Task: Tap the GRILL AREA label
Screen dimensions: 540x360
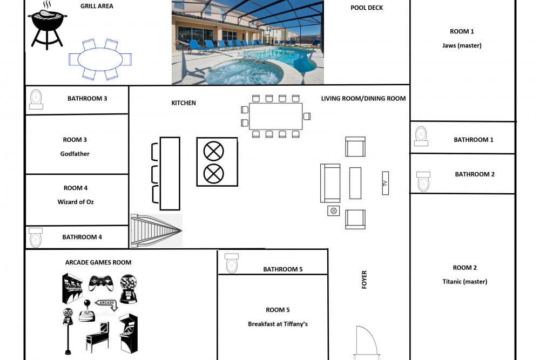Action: tap(97, 6)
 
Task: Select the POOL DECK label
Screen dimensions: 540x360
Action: tap(367, 8)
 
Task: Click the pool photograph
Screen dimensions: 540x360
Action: tap(248, 42)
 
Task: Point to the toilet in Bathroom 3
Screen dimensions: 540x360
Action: tap(36, 99)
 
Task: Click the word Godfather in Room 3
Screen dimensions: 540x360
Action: tap(75, 154)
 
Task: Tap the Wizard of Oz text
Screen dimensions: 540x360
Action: tap(76, 202)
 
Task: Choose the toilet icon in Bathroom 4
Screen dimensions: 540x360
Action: tap(36, 237)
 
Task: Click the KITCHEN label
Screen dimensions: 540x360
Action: tap(184, 103)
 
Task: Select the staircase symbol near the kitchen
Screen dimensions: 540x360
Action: tap(157, 230)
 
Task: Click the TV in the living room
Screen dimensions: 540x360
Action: tap(386, 183)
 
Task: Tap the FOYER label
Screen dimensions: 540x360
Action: tap(364, 280)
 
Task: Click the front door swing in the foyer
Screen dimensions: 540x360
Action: tap(367, 341)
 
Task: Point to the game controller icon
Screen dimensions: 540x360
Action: tap(101, 283)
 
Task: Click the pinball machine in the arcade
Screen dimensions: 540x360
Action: tap(97, 337)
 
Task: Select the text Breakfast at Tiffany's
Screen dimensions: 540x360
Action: tap(278, 324)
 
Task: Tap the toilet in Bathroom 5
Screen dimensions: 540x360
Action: tap(232, 263)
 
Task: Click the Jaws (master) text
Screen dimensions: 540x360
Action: tap(462, 45)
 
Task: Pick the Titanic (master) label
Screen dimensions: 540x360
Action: tap(464, 282)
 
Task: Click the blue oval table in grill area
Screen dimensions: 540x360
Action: tap(100, 59)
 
